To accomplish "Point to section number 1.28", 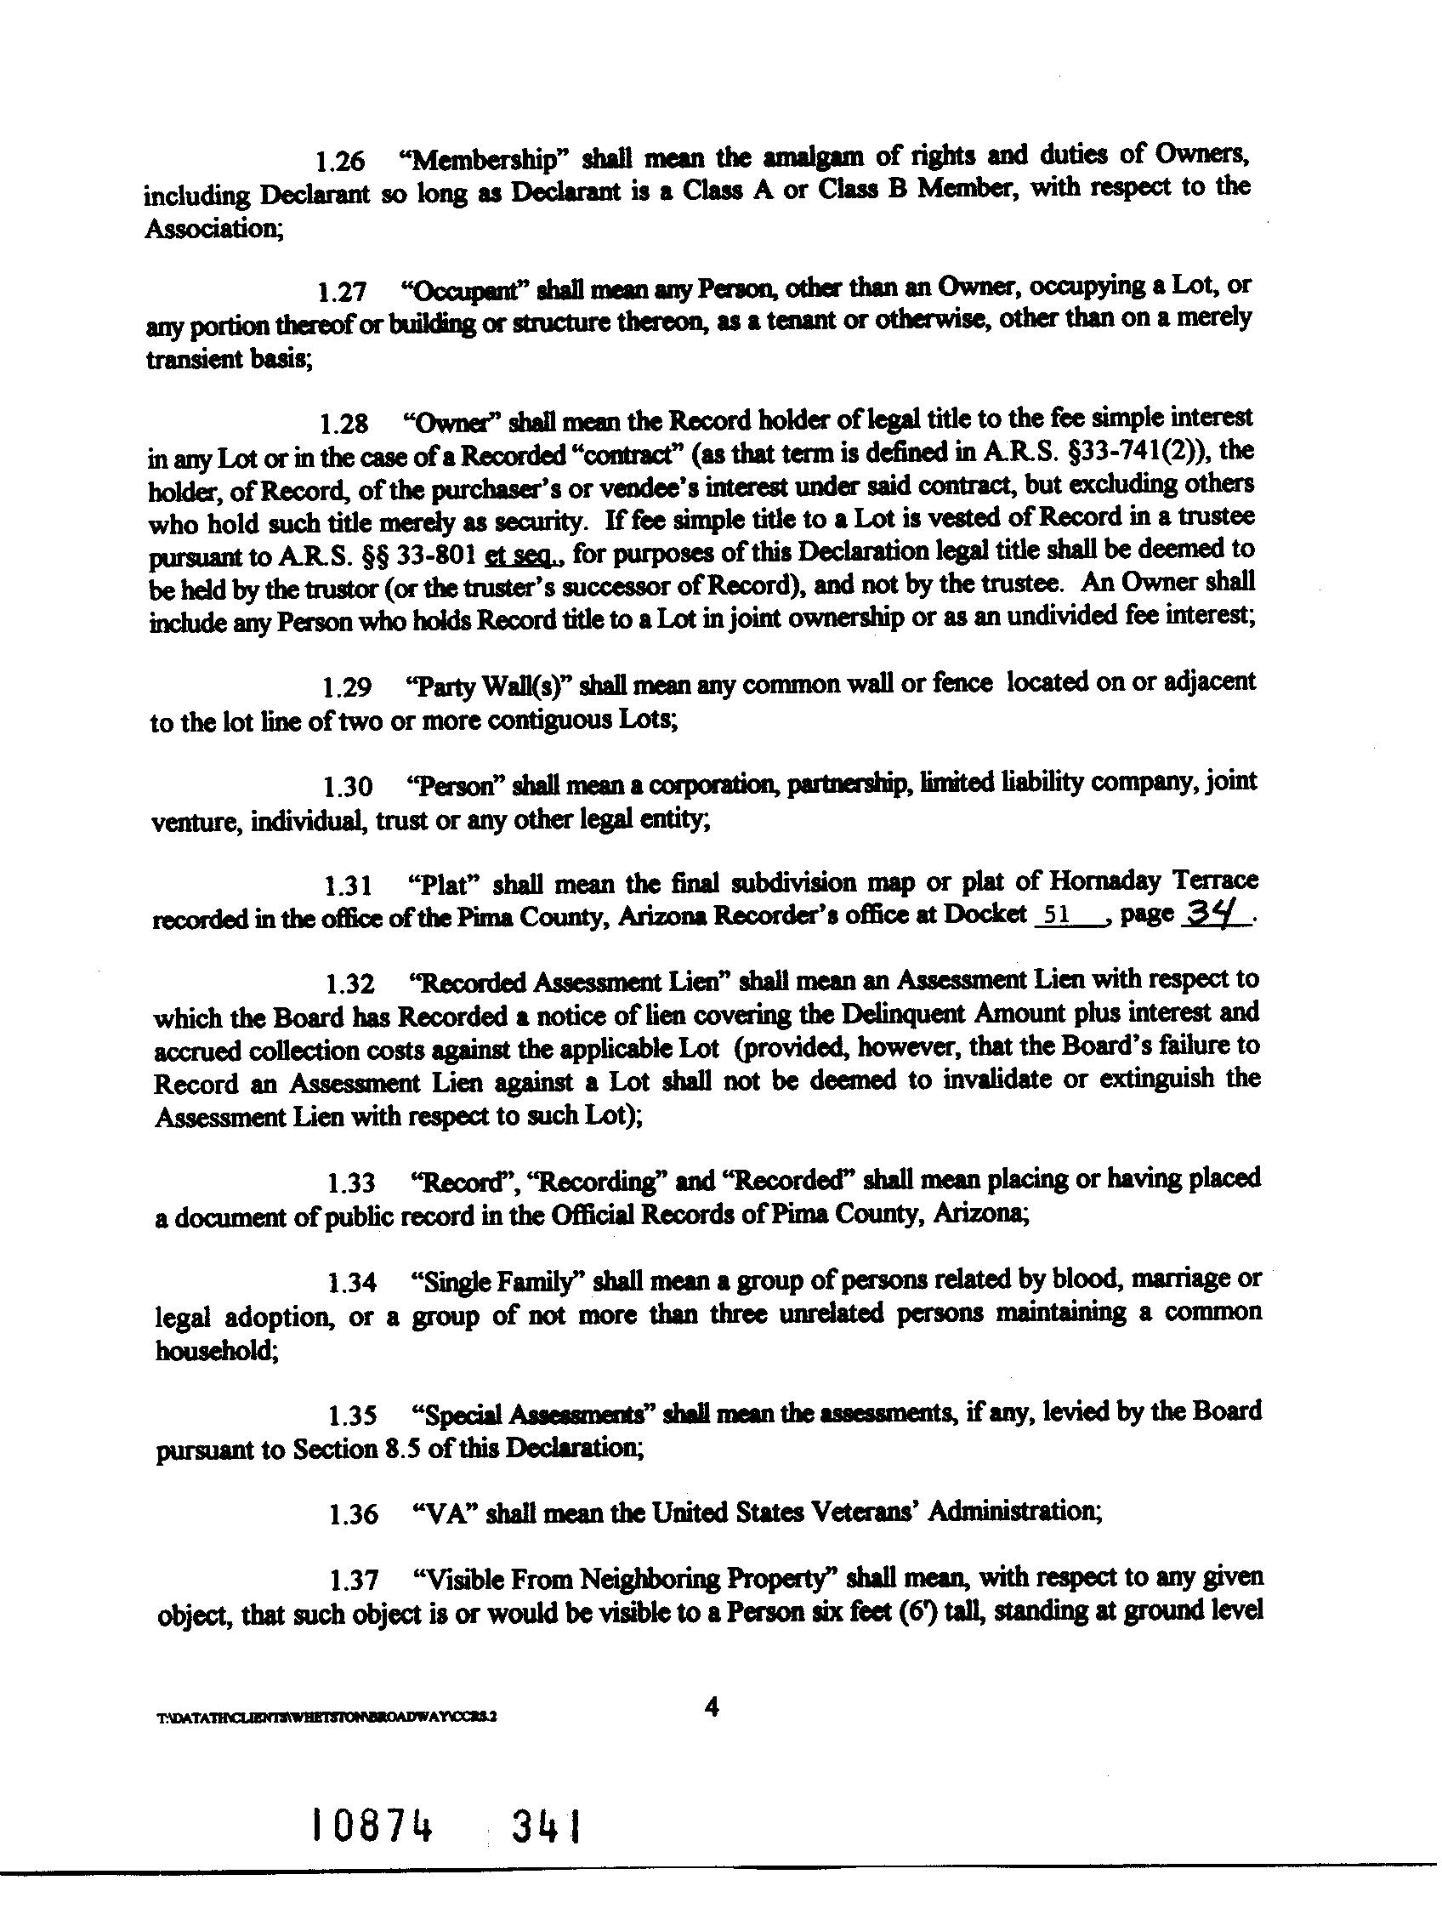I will click(343, 424).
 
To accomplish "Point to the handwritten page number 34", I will click(1216, 914).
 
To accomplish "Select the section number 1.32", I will click(349, 984).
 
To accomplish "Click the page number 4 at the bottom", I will click(713, 1707).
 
